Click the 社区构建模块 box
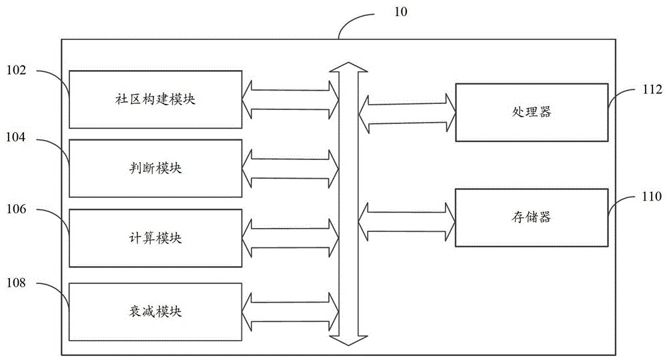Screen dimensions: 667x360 tap(155, 99)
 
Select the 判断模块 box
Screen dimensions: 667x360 tap(155, 168)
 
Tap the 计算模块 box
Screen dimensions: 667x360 tap(155, 238)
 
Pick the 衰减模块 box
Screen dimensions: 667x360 tap(155, 311)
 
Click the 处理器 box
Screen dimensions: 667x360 tap(532, 112)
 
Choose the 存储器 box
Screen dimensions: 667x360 tap(532, 217)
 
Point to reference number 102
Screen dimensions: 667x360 tap(16, 70)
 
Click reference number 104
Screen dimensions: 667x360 tap(16, 137)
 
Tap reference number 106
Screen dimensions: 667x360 tap(16, 209)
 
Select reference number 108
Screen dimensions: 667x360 tap(16, 283)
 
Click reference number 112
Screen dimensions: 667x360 tap(652, 89)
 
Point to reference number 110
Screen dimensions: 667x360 tap(652, 197)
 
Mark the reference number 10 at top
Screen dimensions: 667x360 tap(401, 12)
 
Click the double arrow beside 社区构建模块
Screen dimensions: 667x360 tap(291, 100)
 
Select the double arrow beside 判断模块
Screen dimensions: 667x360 tap(291, 169)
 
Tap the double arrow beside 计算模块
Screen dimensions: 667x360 tap(291, 239)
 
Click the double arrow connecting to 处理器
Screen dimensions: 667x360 tap(407, 113)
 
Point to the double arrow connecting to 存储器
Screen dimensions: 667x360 tap(407, 222)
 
